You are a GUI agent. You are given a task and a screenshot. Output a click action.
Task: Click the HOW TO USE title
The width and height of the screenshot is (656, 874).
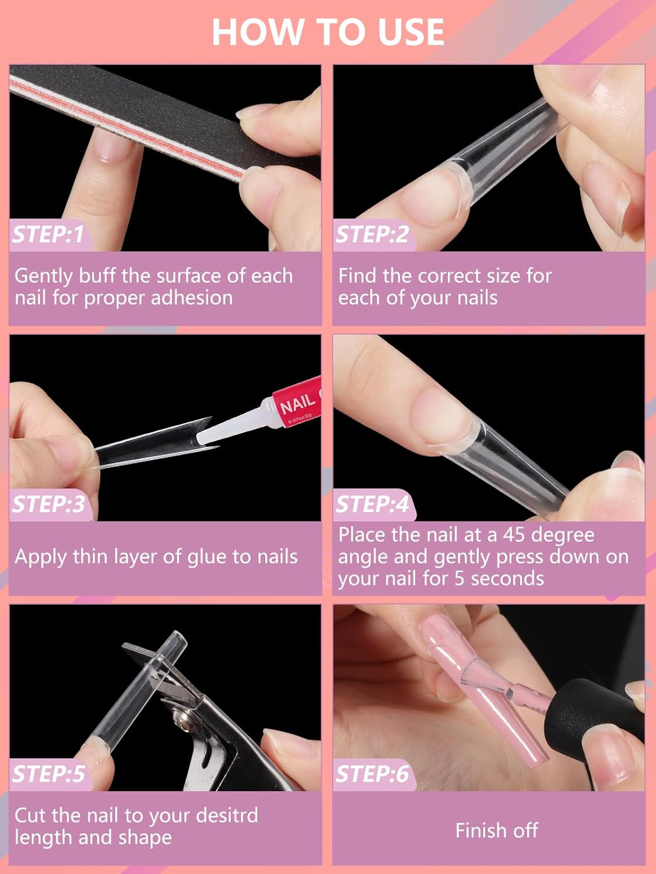coord(328,32)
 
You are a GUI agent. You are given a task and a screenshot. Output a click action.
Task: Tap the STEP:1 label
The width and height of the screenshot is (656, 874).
coord(48,234)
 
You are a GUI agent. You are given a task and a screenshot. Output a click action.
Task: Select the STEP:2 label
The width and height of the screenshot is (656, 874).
coord(372,234)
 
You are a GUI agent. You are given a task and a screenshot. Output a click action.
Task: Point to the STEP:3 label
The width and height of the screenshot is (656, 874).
coord(48,504)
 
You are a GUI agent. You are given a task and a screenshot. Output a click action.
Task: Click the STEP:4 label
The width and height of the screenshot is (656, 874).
coord(372,504)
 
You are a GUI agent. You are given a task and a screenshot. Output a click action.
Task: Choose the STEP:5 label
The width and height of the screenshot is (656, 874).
coord(48,774)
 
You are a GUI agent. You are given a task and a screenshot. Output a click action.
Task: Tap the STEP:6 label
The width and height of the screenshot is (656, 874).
coord(372,774)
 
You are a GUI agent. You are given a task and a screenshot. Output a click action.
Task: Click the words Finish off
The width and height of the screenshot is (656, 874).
coord(497,831)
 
